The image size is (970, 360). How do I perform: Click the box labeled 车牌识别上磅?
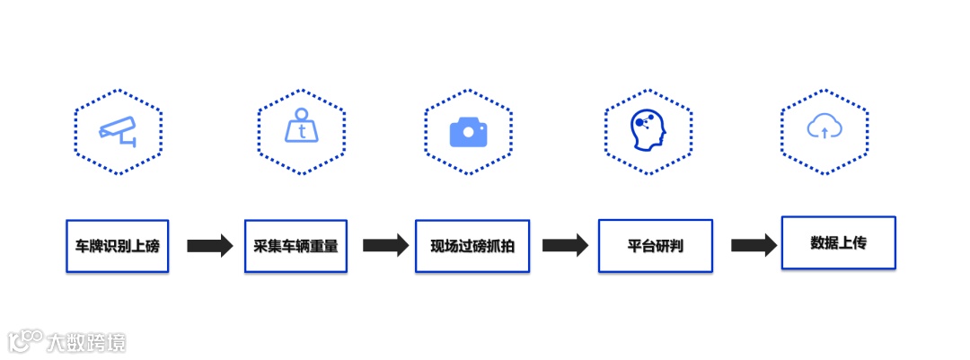(117, 244)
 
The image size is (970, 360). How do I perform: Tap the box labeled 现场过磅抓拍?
(472, 245)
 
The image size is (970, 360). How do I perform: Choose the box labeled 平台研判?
(655, 245)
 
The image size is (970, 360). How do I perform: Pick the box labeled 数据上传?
(838, 242)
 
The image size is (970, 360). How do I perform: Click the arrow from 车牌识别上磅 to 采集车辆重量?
(209, 245)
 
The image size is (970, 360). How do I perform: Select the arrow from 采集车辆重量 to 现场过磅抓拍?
(385, 245)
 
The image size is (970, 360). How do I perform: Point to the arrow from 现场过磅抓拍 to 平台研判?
(565, 245)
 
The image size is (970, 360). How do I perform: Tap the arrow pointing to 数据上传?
(753, 245)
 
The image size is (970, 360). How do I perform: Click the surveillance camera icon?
(118, 131)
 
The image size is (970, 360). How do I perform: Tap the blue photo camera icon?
(468, 132)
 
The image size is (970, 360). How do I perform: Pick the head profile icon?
(648, 131)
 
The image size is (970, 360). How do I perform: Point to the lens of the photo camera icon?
(468, 134)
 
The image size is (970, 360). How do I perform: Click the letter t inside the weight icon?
(302, 131)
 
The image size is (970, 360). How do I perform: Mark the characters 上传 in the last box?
(852, 242)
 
